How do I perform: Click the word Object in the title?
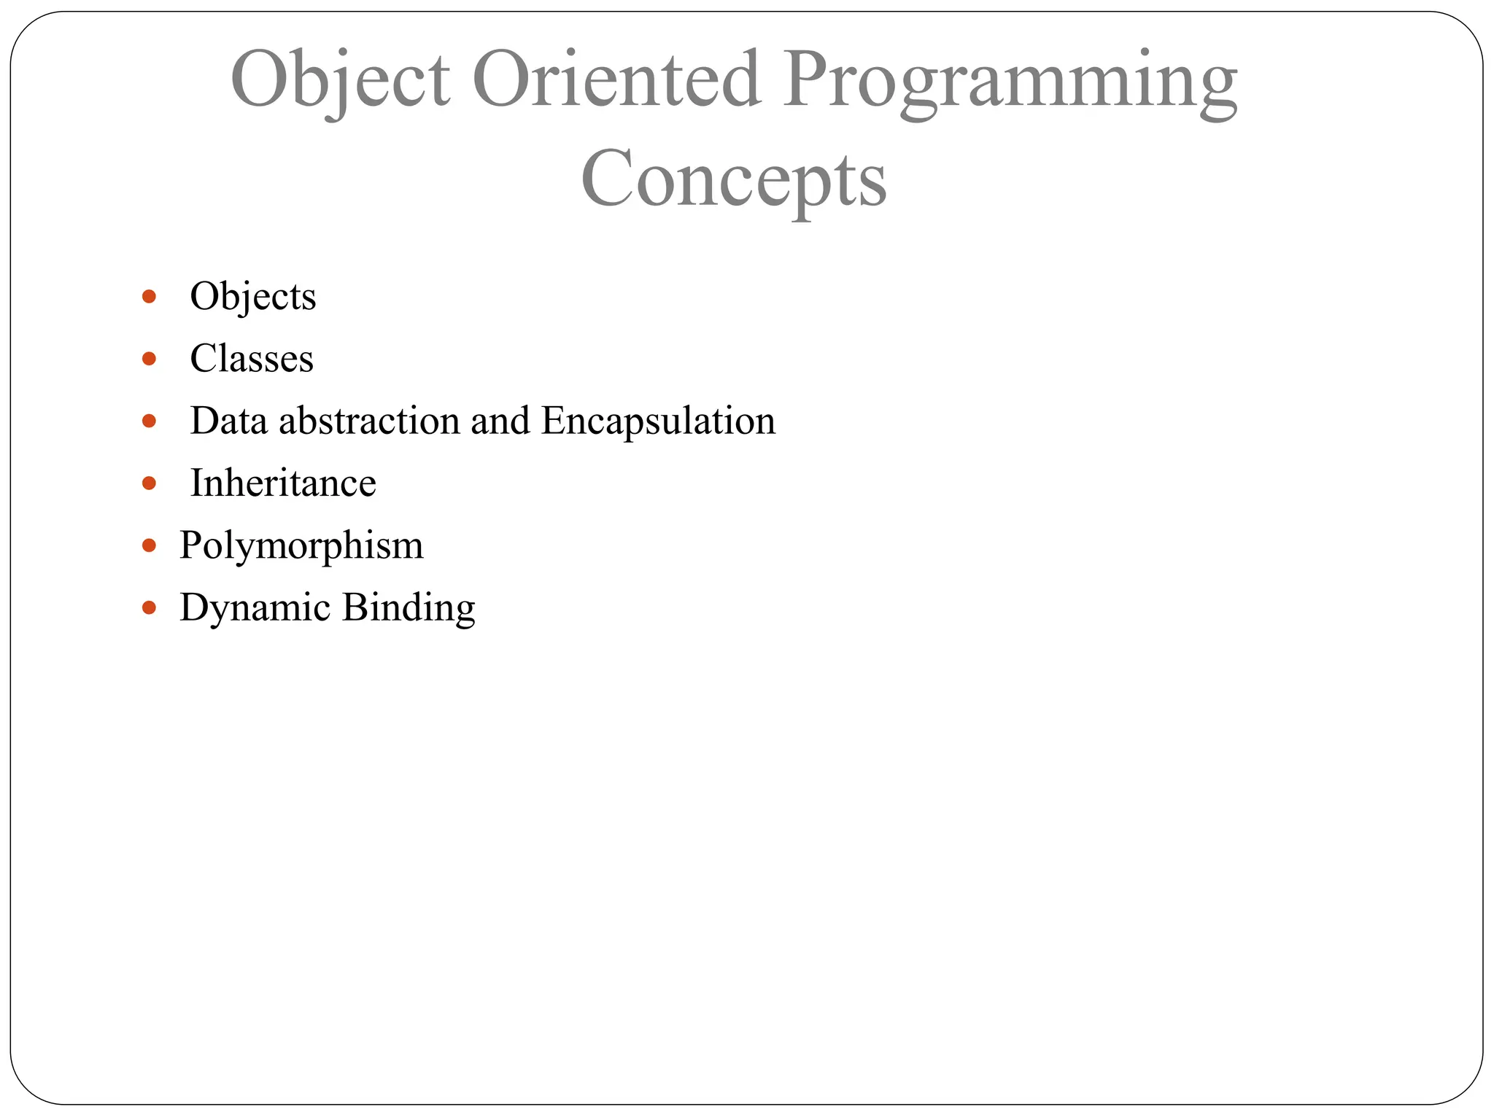[340, 80]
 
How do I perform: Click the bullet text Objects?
[252, 297]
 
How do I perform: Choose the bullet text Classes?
[252, 359]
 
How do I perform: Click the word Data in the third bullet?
[229, 421]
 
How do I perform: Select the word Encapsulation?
[658, 421]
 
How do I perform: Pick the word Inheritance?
[283, 483]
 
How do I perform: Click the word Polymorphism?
[301, 546]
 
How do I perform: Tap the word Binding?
[409, 607]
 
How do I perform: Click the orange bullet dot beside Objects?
[150, 296]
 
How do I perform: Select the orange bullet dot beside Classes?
[150, 358]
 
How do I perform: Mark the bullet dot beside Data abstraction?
[150, 421]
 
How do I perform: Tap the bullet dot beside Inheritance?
[150, 483]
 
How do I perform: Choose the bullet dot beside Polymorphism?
[150, 545]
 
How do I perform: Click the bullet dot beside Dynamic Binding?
[150, 607]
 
